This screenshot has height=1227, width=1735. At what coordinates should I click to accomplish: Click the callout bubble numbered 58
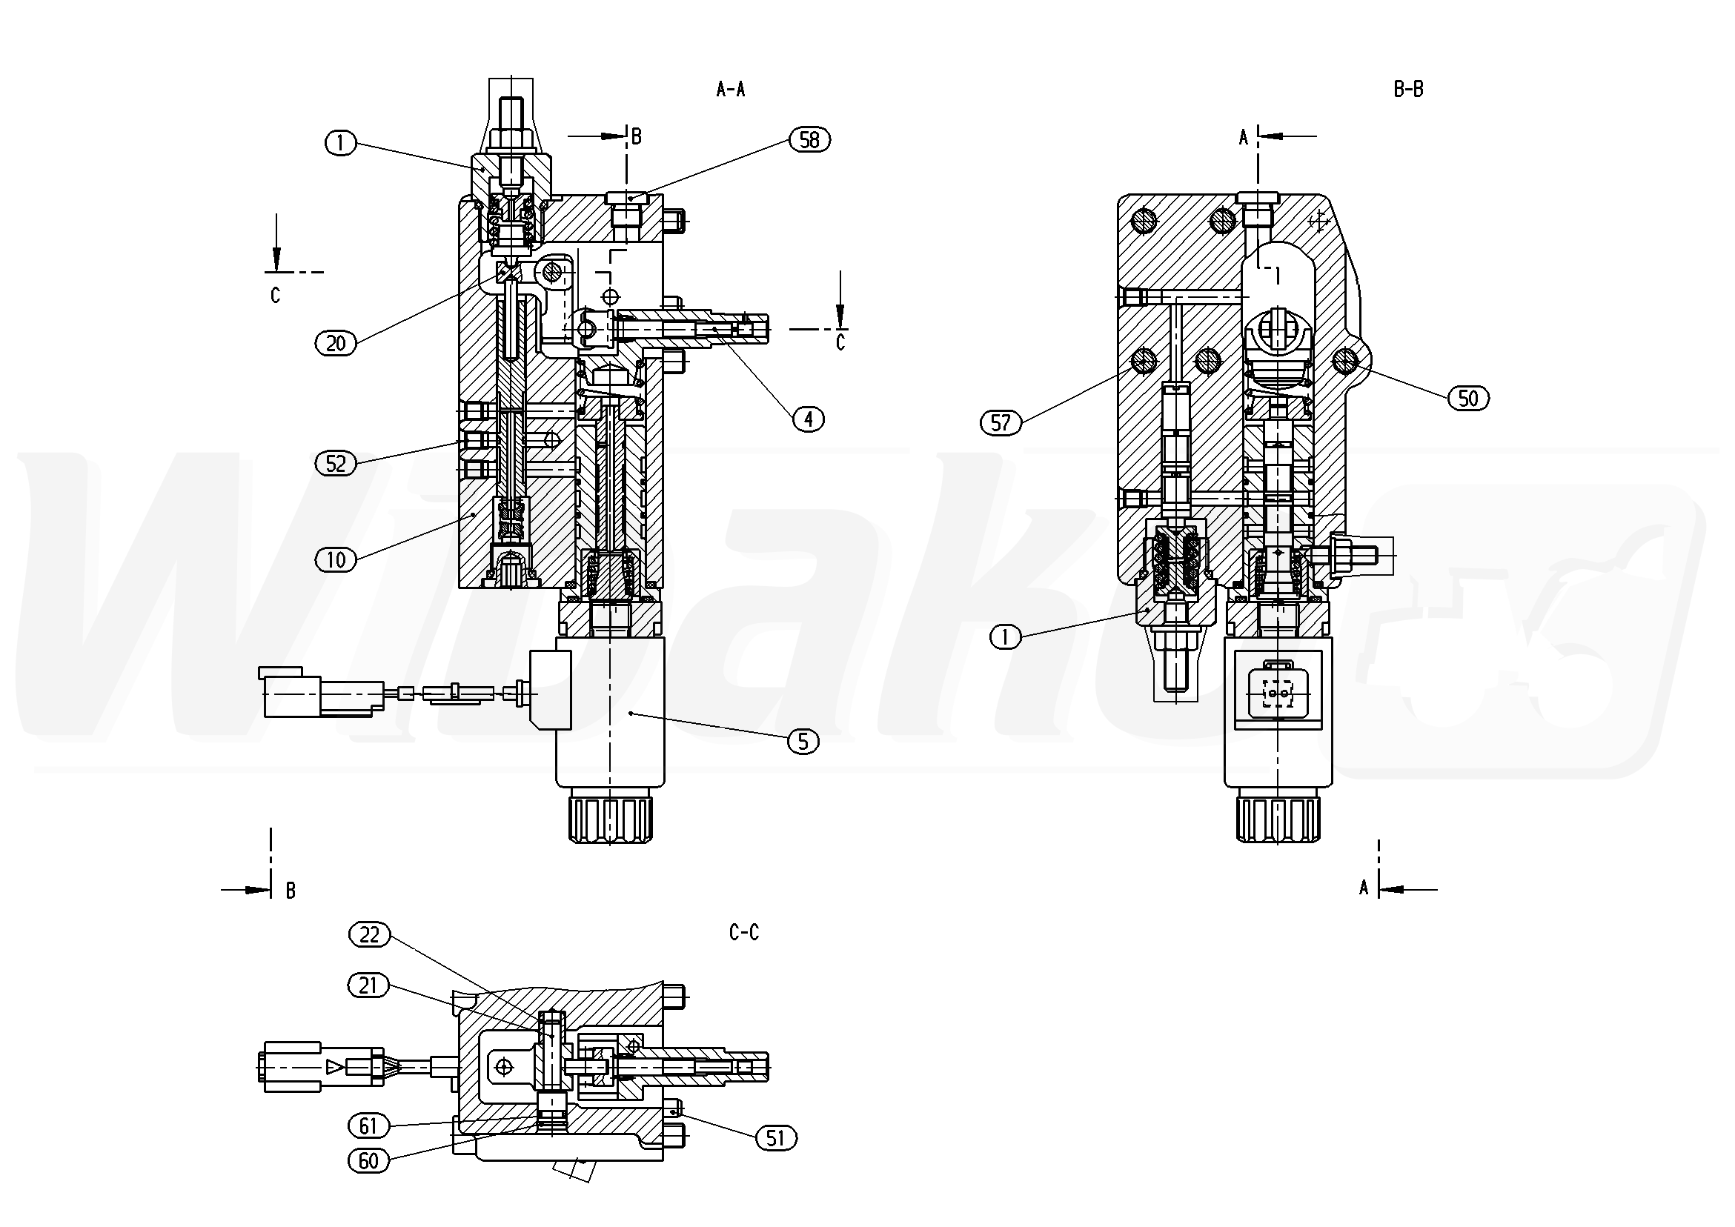click(x=809, y=140)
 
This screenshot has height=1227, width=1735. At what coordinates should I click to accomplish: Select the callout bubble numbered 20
click(x=336, y=344)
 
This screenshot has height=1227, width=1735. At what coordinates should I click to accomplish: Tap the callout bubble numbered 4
click(x=809, y=419)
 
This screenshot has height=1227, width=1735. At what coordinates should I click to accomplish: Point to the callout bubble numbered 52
click(x=336, y=464)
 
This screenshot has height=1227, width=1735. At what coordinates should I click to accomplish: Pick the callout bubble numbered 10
click(x=336, y=560)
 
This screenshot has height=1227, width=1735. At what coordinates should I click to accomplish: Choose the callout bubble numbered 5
click(x=803, y=742)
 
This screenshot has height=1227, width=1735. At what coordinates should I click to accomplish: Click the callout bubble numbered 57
click(x=1001, y=423)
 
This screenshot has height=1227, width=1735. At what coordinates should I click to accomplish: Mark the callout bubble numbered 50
click(x=1468, y=398)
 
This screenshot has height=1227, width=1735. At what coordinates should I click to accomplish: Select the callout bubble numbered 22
click(x=369, y=935)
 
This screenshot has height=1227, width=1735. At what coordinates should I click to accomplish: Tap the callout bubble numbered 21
click(x=369, y=986)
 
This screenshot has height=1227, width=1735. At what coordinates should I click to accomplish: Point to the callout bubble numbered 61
click(x=368, y=1126)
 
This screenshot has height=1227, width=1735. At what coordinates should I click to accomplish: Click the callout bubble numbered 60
click(x=368, y=1160)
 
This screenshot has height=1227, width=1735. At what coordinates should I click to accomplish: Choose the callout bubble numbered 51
click(x=776, y=1138)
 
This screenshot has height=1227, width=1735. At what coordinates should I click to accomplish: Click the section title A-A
click(x=731, y=90)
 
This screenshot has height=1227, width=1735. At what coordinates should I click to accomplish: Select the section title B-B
click(x=1409, y=90)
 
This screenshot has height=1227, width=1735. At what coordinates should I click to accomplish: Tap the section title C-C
click(x=743, y=933)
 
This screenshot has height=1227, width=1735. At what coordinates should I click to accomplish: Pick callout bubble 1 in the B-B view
click(x=1005, y=639)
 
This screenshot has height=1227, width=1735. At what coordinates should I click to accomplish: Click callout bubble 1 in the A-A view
click(x=341, y=143)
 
